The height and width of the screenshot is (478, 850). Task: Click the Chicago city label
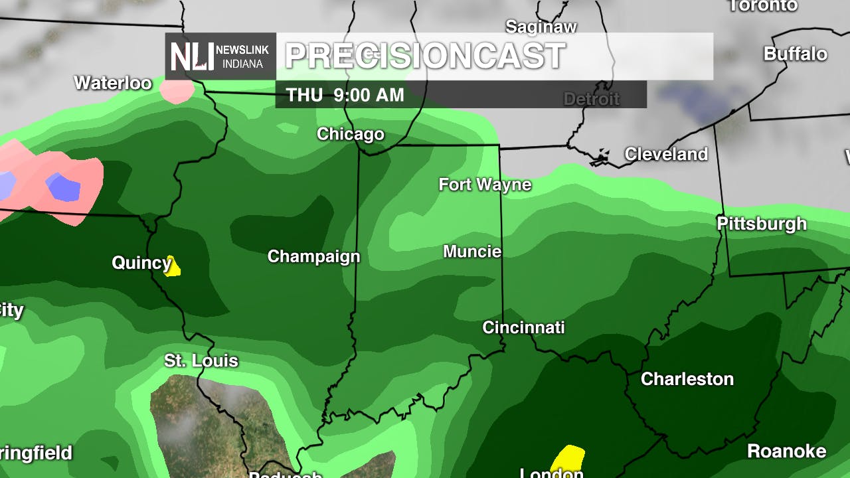(x=351, y=134)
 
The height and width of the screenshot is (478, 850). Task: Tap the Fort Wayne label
(x=485, y=185)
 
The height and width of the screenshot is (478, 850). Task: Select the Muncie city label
(x=472, y=252)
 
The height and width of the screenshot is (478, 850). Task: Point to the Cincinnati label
(x=523, y=327)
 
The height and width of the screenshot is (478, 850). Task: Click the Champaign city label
(x=313, y=256)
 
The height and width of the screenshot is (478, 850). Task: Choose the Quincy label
(x=141, y=263)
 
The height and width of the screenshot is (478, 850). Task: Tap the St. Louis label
(x=201, y=361)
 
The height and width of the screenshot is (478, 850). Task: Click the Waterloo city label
(x=113, y=83)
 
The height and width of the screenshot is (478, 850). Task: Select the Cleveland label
(x=666, y=154)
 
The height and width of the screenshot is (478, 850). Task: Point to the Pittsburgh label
(x=762, y=224)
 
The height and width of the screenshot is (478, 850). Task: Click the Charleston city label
(x=687, y=379)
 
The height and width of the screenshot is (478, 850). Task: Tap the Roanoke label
(x=787, y=451)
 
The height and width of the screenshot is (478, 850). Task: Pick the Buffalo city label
(x=796, y=54)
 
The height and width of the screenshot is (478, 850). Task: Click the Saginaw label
(x=541, y=27)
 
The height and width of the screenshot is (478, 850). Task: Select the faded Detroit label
(x=591, y=100)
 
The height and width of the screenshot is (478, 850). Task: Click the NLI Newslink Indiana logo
(x=220, y=56)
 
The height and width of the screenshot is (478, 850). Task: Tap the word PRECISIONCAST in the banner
(x=425, y=56)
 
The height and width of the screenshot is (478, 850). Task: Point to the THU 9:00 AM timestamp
(x=345, y=95)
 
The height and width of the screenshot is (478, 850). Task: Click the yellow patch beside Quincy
(x=173, y=267)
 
